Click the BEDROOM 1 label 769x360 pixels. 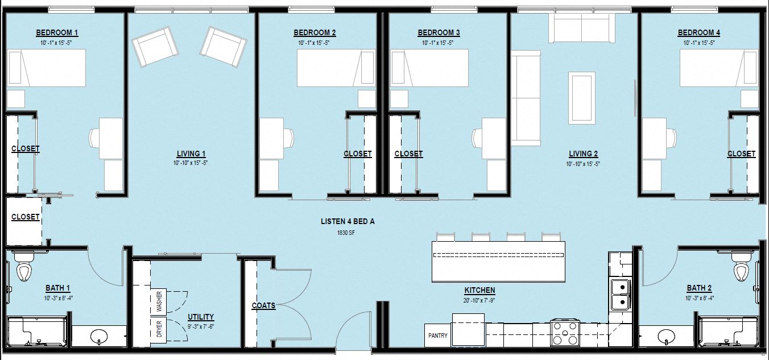click(57, 32)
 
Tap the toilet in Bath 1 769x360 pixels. click(24, 271)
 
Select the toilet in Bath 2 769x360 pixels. click(740, 271)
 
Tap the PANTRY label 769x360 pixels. click(438, 336)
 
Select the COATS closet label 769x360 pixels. click(263, 305)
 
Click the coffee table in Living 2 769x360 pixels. click(582, 97)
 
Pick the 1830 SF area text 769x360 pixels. click(348, 233)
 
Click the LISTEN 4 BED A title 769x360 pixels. click(348, 222)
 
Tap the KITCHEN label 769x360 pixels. click(479, 290)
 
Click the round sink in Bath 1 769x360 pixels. click(100, 336)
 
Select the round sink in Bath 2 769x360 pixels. click(665, 336)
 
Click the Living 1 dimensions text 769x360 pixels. click(191, 163)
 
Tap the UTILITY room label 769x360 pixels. click(201, 317)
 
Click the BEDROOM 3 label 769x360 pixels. click(439, 32)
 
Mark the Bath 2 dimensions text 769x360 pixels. click(699, 298)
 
